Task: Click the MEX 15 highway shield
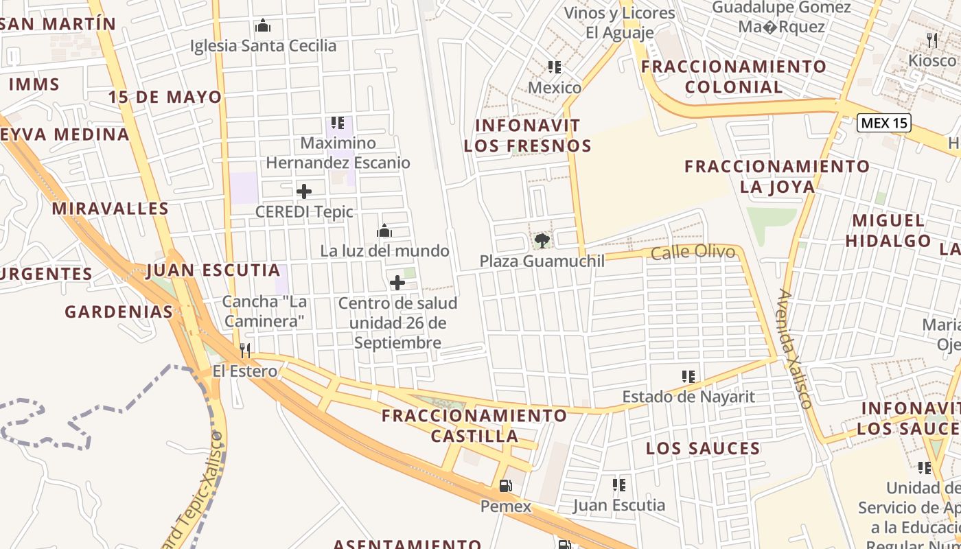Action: pos(884,124)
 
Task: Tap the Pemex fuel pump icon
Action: pos(505,486)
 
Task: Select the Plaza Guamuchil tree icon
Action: pos(542,240)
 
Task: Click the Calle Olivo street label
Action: pos(693,253)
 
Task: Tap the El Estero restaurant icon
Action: pos(245,351)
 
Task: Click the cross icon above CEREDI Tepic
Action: pos(304,191)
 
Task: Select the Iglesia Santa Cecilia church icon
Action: pos(263,26)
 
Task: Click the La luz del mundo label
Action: pos(384,251)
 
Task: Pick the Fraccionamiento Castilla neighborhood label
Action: pos(474,425)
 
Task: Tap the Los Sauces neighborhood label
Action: pos(703,449)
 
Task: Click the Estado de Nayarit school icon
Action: pos(688,376)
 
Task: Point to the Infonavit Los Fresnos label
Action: pos(527,135)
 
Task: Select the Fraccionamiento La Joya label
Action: pos(777,176)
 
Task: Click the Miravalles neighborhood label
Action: pos(110,209)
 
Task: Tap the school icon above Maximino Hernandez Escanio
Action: pos(337,123)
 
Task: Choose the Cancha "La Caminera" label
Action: pos(264,311)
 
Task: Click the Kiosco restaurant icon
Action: pos(931,40)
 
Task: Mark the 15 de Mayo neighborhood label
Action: pos(165,97)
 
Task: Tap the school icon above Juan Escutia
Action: pos(619,485)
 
